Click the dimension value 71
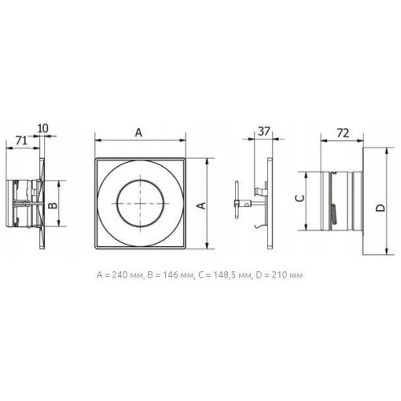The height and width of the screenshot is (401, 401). pos(22,140)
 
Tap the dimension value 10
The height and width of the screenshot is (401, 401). pos(43,128)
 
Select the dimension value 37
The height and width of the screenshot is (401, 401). pos(263,132)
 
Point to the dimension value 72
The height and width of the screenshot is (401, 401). pos(342,133)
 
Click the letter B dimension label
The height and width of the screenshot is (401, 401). pos(54,205)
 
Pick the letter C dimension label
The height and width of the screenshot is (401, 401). pos(300,198)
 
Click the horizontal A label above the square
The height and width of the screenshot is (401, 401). pos(139,132)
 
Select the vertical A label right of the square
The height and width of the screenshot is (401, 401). pos(201,205)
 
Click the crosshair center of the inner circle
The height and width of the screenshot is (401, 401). pos(140,204)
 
